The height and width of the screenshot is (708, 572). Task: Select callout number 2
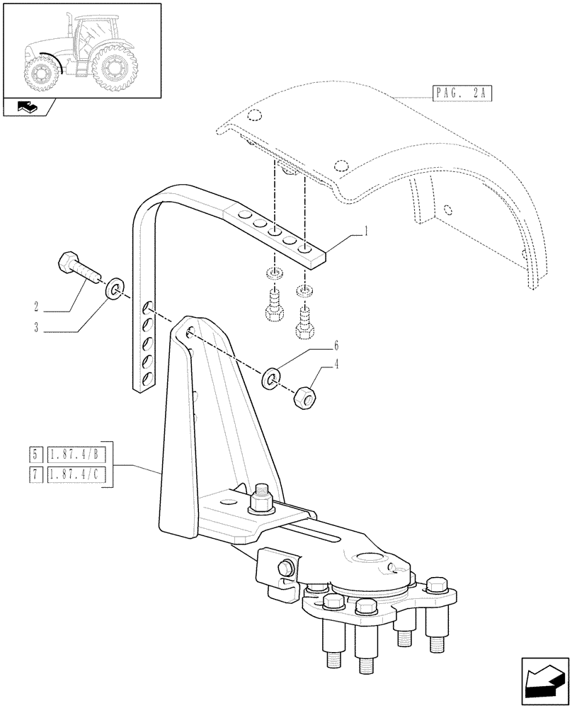coord(35,307)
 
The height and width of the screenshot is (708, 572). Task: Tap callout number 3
coord(35,328)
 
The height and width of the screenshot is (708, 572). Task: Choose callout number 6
coord(336,346)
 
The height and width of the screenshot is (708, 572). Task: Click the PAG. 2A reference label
coord(461,93)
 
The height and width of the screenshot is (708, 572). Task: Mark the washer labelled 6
coord(270,379)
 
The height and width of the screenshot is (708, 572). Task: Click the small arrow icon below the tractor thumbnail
coord(28,108)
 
